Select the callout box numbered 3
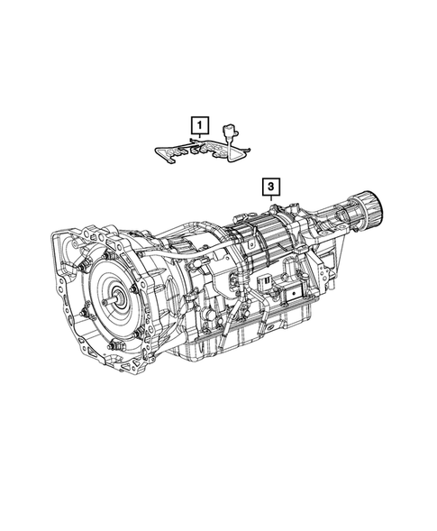[270, 188]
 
